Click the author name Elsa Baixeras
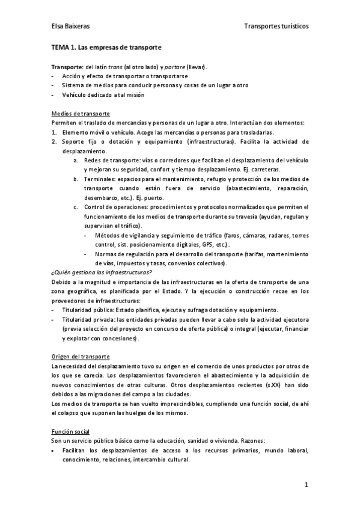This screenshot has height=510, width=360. point(70,27)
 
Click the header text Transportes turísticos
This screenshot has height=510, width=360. point(276,27)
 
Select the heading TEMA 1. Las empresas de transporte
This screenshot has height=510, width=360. point(106,47)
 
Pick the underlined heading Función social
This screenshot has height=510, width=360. point(71,432)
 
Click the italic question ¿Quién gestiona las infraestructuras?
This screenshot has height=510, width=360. point(102,272)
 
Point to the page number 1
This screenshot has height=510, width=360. point(306,485)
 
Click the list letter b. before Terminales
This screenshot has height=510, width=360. point(75,179)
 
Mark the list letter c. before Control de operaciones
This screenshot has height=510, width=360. point(75,207)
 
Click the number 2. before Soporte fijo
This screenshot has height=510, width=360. point(54,142)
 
